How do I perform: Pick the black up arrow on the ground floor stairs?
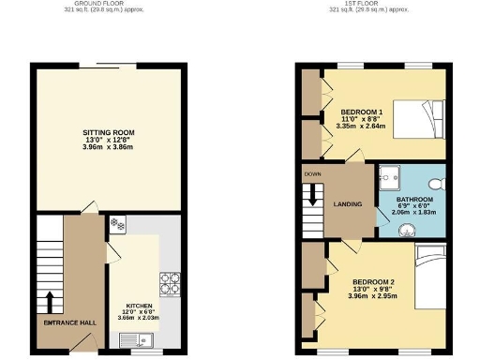47,302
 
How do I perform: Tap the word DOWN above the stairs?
310,174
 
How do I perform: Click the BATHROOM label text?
413,200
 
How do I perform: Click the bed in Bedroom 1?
418,118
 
